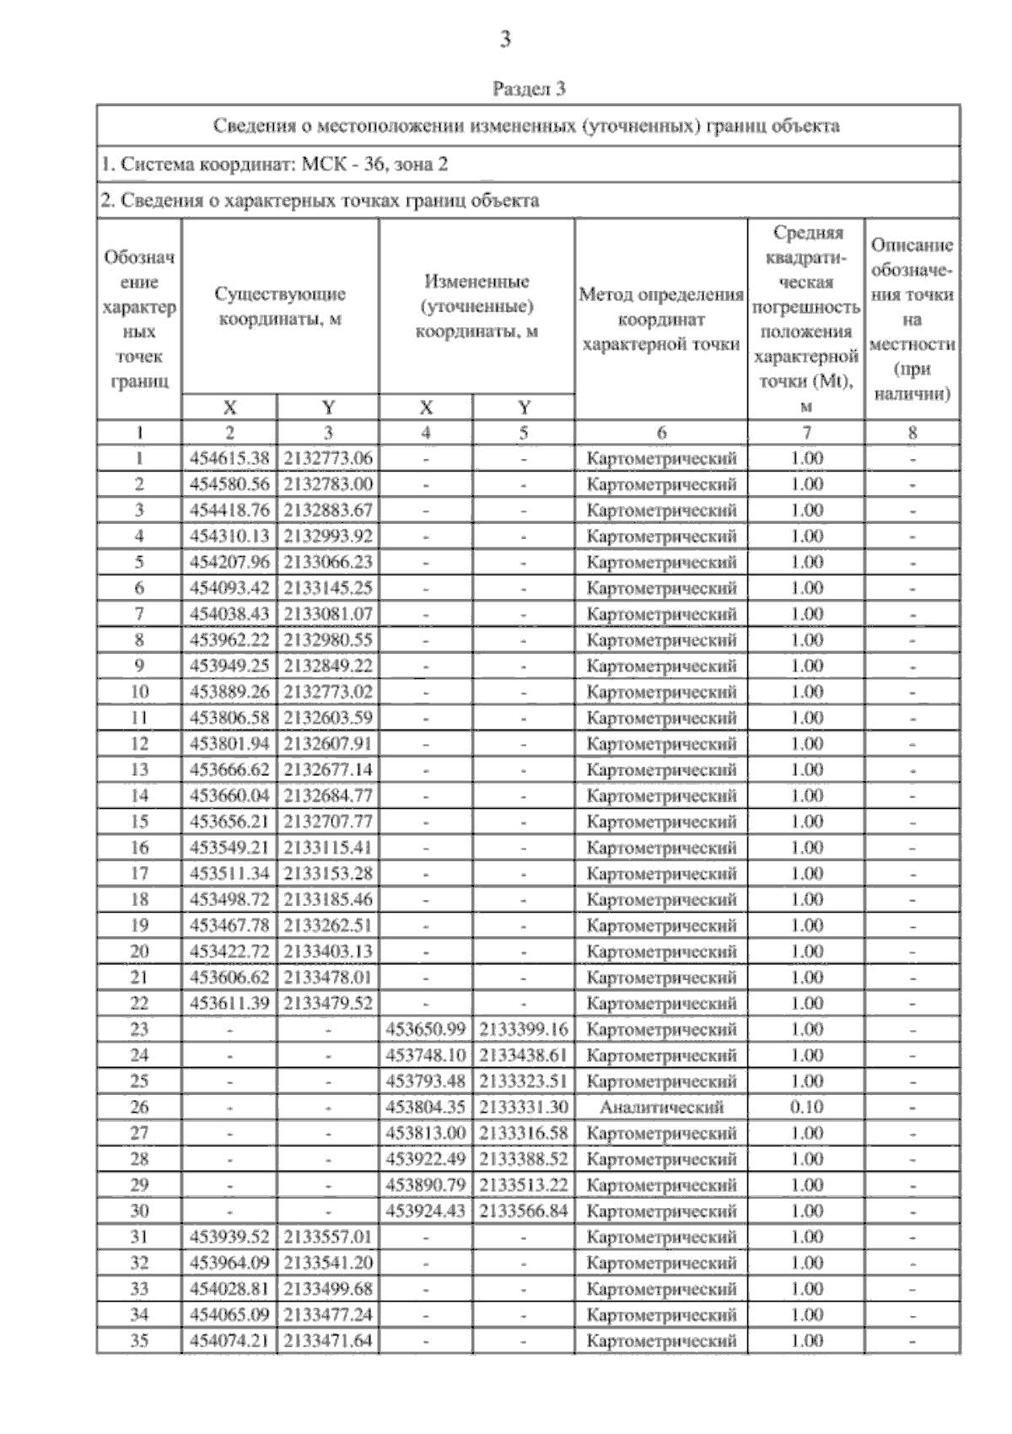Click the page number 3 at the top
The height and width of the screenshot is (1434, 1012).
click(x=505, y=39)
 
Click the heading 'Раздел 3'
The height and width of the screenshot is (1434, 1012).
click(x=529, y=88)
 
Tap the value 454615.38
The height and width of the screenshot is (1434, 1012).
click(x=229, y=458)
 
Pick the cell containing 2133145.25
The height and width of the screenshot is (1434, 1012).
click(x=328, y=588)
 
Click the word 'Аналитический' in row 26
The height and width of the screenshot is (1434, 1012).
click(x=661, y=1107)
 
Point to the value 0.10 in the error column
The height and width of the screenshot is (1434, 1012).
click(x=806, y=1107)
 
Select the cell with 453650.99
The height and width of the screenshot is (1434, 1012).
click(x=426, y=1029)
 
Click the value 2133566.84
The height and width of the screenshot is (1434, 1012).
click(x=524, y=1210)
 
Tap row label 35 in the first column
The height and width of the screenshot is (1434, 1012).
click(x=139, y=1340)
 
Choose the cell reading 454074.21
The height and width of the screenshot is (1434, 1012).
click(x=229, y=1340)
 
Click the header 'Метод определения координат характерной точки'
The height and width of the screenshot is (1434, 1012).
click(x=661, y=320)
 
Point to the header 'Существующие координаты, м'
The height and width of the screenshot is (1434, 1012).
click(x=280, y=307)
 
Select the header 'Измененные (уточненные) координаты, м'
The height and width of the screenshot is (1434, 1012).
click(x=476, y=306)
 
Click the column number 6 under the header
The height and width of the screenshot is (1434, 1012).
click(x=661, y=433)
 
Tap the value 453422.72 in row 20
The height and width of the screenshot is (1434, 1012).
click(x=229, y=952)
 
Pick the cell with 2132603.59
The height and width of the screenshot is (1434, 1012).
click(x=328, y=718)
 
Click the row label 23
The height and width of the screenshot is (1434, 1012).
click(x=139, y=1029)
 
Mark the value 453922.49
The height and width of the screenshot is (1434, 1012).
click(x=426, y=1159)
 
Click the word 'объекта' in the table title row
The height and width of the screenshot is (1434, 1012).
click(x=807, y=127)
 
